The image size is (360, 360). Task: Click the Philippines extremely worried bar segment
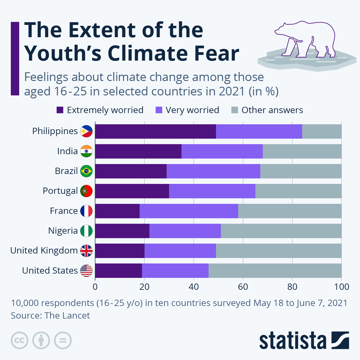tap(155, 131)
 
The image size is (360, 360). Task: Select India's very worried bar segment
tap(222, 151)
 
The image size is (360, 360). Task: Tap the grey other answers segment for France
tap(290, 211)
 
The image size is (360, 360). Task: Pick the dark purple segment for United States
tap(118, 271)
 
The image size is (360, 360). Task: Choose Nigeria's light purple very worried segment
tap(185, 231)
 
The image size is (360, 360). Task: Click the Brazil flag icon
tap(86, 171)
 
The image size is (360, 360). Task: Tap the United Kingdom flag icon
tap(86, 251)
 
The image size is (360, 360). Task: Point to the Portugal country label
tap(60, 191)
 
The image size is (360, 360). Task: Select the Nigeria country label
tap(63, 231)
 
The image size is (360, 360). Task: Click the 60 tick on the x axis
tap(243, 287)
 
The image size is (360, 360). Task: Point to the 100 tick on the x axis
tap(341, 287)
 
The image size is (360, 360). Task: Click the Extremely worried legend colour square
tap(60, 110)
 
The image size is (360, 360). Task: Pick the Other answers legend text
tap(272, 110)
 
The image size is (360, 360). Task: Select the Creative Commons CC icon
tap(19, 340)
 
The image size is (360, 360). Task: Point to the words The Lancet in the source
tap(67, 316)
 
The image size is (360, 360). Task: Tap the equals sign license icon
tap(63, 340)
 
